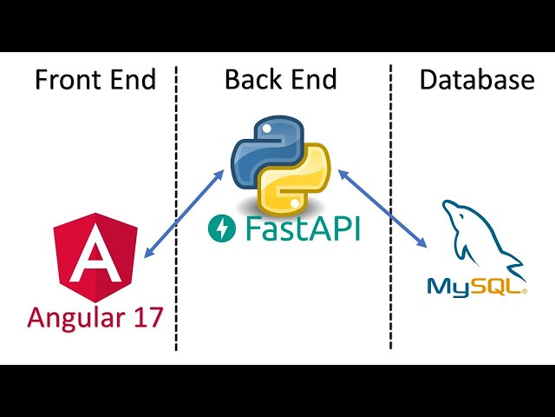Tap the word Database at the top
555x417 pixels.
pyautogui.click(x=477, y=80)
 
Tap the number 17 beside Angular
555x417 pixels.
pyautogui.click(x=147, y=316)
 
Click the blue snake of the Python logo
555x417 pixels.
pyautogui.click(x=258, y=148)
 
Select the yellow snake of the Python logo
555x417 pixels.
pyautogui.click(x=299, y=178)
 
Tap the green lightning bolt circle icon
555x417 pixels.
pyautogui.click(x=221, y=229)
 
